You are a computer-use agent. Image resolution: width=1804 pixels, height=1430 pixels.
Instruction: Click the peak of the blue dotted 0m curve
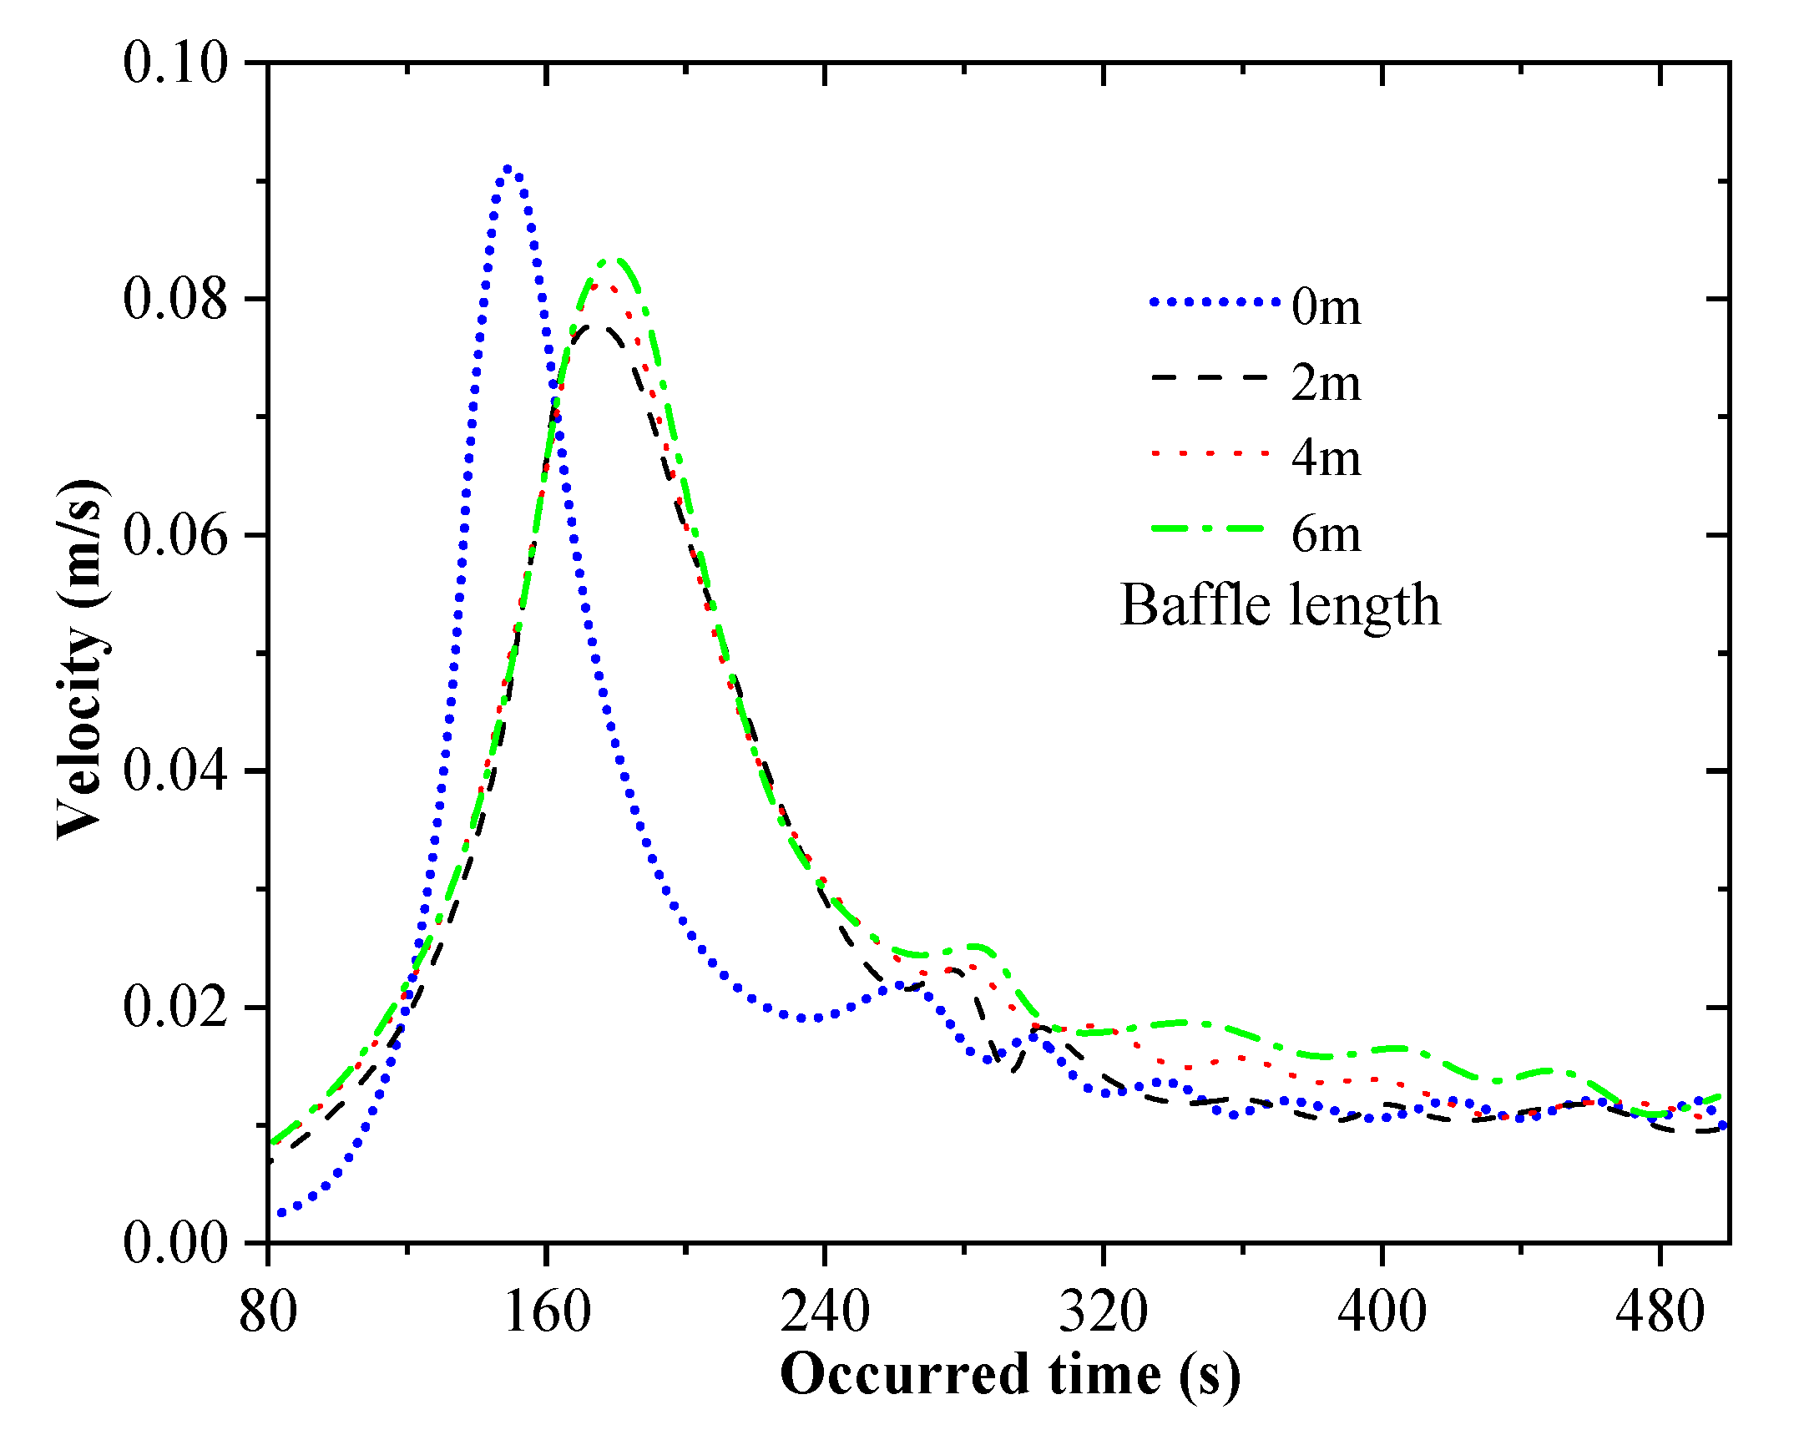(508, 169)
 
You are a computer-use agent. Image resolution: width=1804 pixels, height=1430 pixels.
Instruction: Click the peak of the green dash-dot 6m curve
(616, 261)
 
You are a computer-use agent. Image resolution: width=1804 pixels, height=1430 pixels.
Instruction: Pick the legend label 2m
(1326, 383)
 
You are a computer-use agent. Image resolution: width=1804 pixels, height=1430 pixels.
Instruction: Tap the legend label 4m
(1326, 457)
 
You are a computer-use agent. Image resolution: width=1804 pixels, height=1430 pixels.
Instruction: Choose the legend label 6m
(1326, 533)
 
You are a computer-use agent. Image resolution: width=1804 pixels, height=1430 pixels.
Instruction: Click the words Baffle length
(1281, 606)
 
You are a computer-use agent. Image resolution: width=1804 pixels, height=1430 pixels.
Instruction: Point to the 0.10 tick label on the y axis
(174, 63)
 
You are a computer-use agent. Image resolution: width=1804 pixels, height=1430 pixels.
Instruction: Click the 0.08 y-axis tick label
(174, 300)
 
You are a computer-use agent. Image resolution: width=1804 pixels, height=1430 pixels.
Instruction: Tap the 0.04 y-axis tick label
(174, 771)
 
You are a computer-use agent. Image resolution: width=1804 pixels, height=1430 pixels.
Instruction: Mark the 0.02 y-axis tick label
(174, 1008)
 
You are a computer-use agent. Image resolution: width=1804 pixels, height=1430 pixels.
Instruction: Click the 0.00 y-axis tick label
(174, 1243)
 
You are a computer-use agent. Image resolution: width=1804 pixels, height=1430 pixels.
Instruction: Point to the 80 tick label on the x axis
(268, 1312)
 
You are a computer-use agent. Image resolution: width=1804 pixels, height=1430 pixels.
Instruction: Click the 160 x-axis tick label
(547, 1312)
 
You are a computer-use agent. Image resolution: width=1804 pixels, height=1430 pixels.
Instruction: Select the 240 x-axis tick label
(825, 1312)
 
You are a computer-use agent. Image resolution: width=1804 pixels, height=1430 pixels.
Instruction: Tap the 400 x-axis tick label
(1382, 1312)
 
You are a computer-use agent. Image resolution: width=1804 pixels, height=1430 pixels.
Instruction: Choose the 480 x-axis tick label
(1660, 1312)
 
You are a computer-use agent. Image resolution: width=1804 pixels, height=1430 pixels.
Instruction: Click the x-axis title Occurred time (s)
(1010, 1375)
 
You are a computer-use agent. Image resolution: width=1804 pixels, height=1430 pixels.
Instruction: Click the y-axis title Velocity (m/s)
(82, 659)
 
